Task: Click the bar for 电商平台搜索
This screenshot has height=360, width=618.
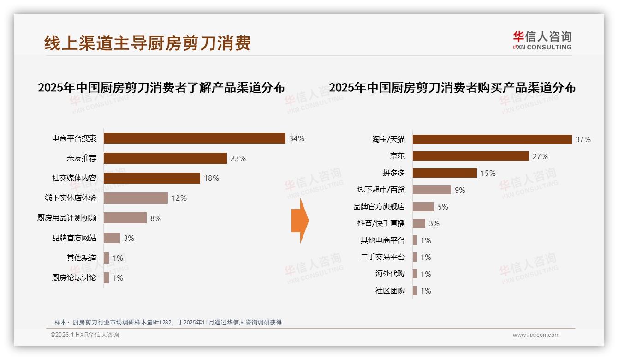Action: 194,138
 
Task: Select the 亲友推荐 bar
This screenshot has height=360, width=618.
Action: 165,158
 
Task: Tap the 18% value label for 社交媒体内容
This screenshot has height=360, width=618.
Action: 211,178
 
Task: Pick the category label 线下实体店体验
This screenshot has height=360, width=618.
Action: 71,198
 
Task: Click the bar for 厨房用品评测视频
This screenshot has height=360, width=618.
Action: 125,218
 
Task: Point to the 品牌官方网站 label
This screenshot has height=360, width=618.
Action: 74,238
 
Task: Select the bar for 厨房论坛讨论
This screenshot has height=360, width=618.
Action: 106,278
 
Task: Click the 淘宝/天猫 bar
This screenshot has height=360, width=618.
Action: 492,139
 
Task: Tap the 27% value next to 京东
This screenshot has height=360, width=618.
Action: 540,156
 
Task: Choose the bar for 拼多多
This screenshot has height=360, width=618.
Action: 445,173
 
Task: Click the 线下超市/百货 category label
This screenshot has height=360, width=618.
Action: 381,190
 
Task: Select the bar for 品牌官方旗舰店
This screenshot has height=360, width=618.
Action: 423,207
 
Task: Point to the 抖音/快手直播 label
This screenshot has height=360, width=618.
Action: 381,223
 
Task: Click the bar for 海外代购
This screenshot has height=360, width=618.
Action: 415,274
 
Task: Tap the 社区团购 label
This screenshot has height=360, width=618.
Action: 390,291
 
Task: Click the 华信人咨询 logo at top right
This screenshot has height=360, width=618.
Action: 542,41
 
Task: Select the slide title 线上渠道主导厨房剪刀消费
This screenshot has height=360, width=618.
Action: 148,43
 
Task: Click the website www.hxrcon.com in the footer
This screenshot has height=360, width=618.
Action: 536,335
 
